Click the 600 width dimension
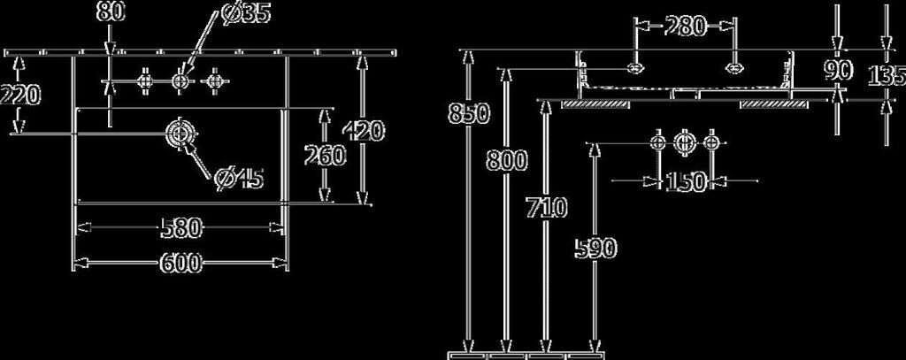pyautogui.click(x=180, y=263)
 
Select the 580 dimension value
pyautogui.click(x=180, y=228)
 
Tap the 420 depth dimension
pyautogui.click(x=364, y=132)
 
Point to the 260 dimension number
pyautogui.click(x=325, y=156)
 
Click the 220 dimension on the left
pyautogui.click(x=19, y=93)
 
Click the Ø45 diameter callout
pyautogui.click(x=239, y=180)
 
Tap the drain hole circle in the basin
pyautogui.click(x=180, y=134)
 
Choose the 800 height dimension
pyautogui.click(x=505, y=161)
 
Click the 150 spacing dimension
pyautogui.click(x=686, y=182)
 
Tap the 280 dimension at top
pyautogui.click(x=686, y=27)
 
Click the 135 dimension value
pyautogui.click(x=885, y=76)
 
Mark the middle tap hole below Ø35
pyautogui.click(x=180, y=81)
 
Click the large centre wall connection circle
pyautogui.click(x=684, y=143)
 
